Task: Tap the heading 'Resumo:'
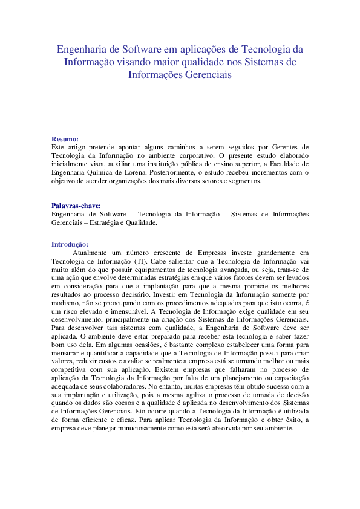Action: coord(65,138)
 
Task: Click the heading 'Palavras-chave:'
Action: coord(76,205)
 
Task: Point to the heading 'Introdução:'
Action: coord(70,244)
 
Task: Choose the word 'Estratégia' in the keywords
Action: coord(110,222)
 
